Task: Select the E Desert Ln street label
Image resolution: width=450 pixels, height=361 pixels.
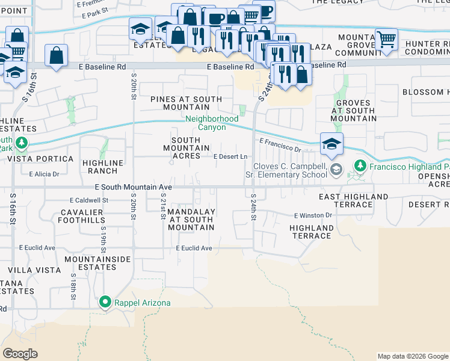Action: click(232, 156)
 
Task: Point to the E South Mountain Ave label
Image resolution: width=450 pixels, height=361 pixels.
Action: click(134, 188)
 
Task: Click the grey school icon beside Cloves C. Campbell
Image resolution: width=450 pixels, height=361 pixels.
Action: click(336, 170)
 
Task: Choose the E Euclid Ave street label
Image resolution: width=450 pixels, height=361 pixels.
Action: click(194, 248)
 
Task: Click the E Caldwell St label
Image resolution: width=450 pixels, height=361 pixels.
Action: click(88, 200)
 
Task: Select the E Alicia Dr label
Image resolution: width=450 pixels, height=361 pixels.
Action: click(44, 174)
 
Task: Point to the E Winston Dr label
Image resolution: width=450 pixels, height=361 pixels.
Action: click(313, 215)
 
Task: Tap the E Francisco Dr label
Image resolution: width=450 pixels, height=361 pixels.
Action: click(280, 144)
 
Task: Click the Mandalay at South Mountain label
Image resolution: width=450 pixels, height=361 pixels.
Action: click(191, 220)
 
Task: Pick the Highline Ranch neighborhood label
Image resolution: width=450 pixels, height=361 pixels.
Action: click(105, 167)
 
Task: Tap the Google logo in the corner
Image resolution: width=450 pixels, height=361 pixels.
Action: click(20, 353)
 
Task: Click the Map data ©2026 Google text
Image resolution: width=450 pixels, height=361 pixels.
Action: click(412, 356)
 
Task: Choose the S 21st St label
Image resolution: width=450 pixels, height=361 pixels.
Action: click(163, 206)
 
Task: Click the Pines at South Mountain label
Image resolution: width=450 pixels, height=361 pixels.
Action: click(186, 103)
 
